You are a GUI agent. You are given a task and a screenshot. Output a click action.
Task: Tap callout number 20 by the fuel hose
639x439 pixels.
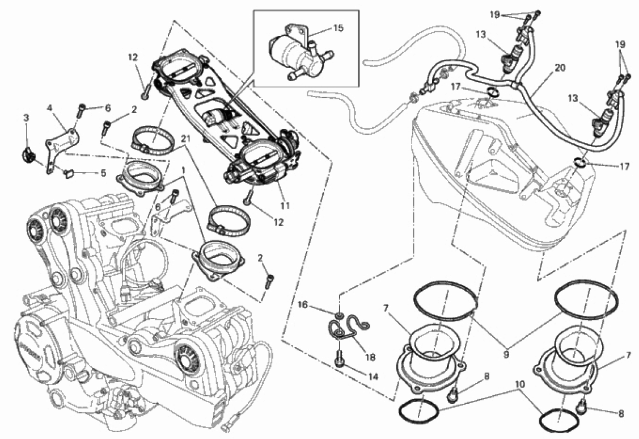coord(560,67)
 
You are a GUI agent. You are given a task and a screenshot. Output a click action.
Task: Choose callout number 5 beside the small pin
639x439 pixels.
coord(103,173)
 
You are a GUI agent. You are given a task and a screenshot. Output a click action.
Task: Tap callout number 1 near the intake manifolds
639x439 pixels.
coord(183,169)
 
